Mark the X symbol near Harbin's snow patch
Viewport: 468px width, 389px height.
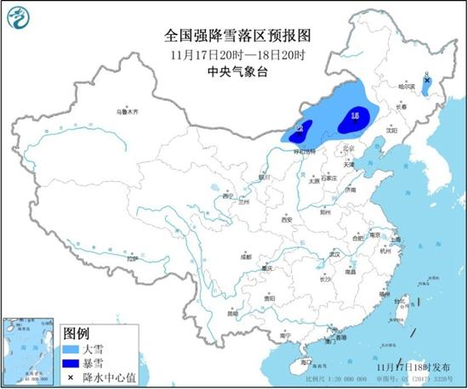(426, 81)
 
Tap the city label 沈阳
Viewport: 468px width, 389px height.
(391, 131)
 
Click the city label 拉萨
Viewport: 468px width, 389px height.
(128, 257)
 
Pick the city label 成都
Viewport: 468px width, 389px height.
(245, 256)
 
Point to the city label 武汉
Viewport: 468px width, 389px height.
(334, 253)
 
